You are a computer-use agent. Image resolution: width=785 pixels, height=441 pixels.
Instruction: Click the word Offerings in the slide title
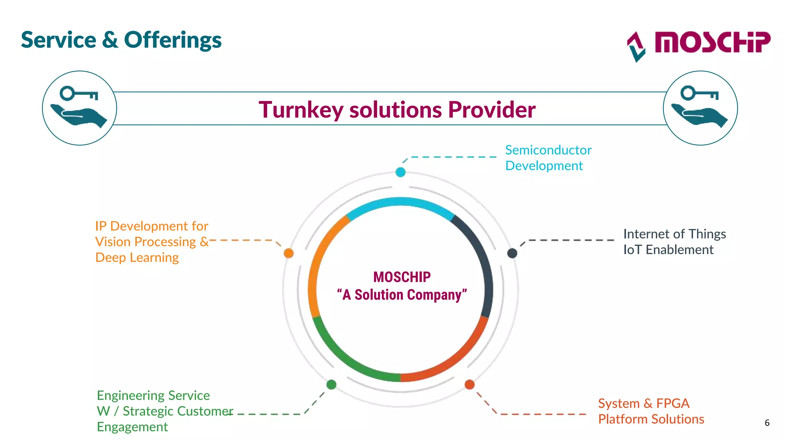click(x=172, y=40)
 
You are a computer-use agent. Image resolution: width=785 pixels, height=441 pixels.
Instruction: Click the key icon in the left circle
click(x=79, y=93)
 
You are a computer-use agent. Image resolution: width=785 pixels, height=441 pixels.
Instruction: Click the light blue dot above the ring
click(x=401, y=172)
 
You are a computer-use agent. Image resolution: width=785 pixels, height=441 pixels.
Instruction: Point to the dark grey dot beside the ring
click(x=512, y=253)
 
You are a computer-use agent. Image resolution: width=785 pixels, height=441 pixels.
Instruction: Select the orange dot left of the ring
click(x=289, y=253)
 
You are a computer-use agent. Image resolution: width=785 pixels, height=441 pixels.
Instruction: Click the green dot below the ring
click(x=332, y=384)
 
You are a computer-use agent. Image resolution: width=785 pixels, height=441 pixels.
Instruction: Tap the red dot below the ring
click(x=470, y=384)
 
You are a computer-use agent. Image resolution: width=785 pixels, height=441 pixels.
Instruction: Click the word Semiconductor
click(x=548, y=150)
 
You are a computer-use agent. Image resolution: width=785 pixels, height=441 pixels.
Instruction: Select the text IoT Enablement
click(x=668, y=250)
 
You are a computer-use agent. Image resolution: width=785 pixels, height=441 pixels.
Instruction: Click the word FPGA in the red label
click(x=673, y=403)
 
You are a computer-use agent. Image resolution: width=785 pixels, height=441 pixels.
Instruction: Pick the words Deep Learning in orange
click(x=137, y=258)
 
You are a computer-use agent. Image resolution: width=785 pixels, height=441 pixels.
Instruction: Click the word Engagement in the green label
click(x=132, y=427)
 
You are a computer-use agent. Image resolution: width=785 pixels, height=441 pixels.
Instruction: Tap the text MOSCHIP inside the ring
click(x=402, y=277)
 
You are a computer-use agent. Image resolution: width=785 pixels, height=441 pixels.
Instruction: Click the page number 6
click(x=767, y=423)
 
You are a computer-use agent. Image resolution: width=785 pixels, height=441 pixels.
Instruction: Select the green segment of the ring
click(x=345, y=360)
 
